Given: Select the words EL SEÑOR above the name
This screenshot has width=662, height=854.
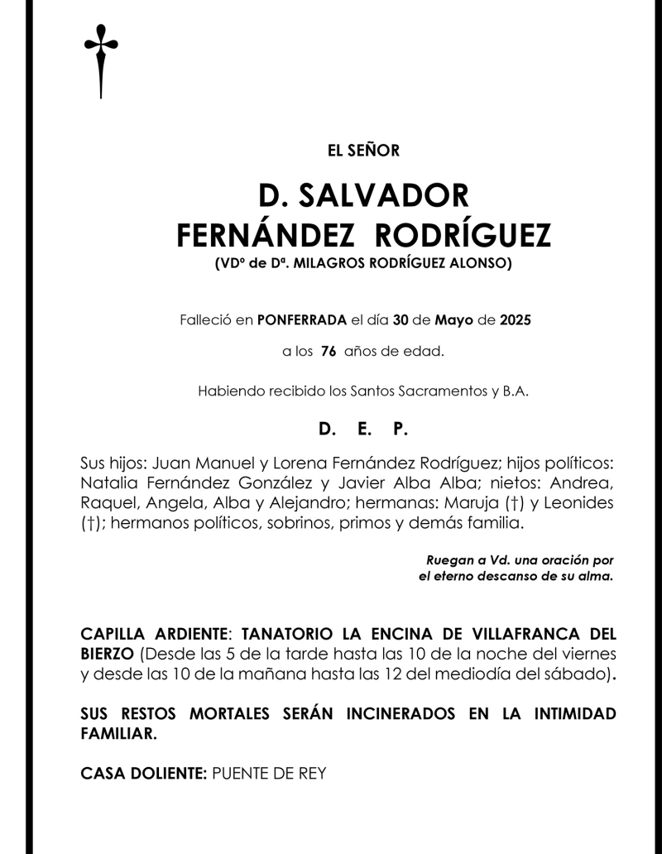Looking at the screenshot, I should pos(363,151).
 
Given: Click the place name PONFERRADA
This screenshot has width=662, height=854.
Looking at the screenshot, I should pos(302,319).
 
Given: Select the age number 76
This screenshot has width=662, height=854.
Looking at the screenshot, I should pos(328,352).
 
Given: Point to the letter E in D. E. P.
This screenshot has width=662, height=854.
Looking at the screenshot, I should pos(363,429).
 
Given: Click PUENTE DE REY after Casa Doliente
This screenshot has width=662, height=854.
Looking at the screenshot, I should pos(269,774).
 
